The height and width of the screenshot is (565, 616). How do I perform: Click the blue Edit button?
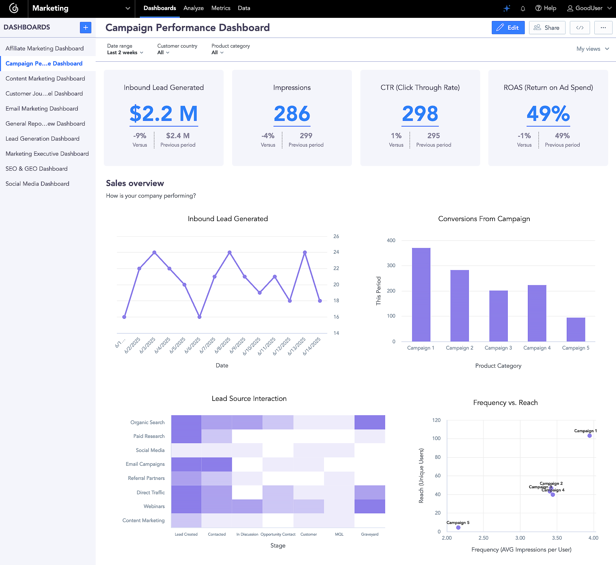(x=508, y=28)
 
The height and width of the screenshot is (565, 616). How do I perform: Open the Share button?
(x=547, y=28)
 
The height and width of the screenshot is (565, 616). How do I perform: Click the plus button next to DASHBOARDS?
(x=85, y=27)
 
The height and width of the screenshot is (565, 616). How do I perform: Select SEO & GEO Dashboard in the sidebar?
(x=36, y=168)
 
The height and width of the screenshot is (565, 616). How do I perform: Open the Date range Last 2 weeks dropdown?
(x=125, y=53)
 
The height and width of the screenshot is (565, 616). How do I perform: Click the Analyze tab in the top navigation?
(x=193, y=8)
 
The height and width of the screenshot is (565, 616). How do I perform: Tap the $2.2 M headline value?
(x=163, y=113)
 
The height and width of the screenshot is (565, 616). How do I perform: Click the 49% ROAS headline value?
(x=548, y=113)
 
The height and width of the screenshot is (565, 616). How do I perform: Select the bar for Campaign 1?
(x=421, y=294)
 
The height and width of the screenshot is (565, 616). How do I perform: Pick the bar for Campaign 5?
(x=576, y=329)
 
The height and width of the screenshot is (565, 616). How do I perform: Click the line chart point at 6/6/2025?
(x=199, y=317)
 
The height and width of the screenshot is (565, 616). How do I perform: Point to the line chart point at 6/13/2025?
(x=305, y=252)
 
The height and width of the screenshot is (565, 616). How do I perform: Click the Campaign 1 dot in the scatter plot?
(x=589, y=436)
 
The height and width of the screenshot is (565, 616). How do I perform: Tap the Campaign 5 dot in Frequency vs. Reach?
(x=458, y=528)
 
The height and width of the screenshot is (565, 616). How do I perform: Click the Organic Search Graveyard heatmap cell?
(x=369, y=422)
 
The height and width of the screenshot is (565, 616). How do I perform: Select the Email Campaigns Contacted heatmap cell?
(x=217, y=464)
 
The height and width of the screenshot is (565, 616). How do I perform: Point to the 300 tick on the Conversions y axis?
(x=391, y=266)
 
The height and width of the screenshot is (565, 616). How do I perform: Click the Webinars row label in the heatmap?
(x=154, y=506)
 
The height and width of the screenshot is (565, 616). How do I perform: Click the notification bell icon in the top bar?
(x=523, y=8)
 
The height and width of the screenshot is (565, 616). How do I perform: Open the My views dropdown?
(x=592, y=49)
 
